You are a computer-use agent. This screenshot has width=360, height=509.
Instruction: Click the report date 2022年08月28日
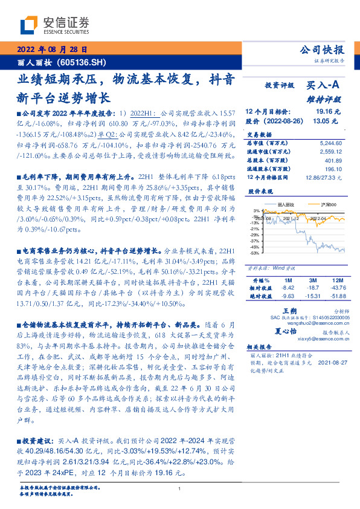[x=52, y=50]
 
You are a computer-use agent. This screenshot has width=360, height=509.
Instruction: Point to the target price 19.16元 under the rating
[x=329, y=112]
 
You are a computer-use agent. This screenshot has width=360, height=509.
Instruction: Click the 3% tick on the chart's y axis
[x=257, y=211]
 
